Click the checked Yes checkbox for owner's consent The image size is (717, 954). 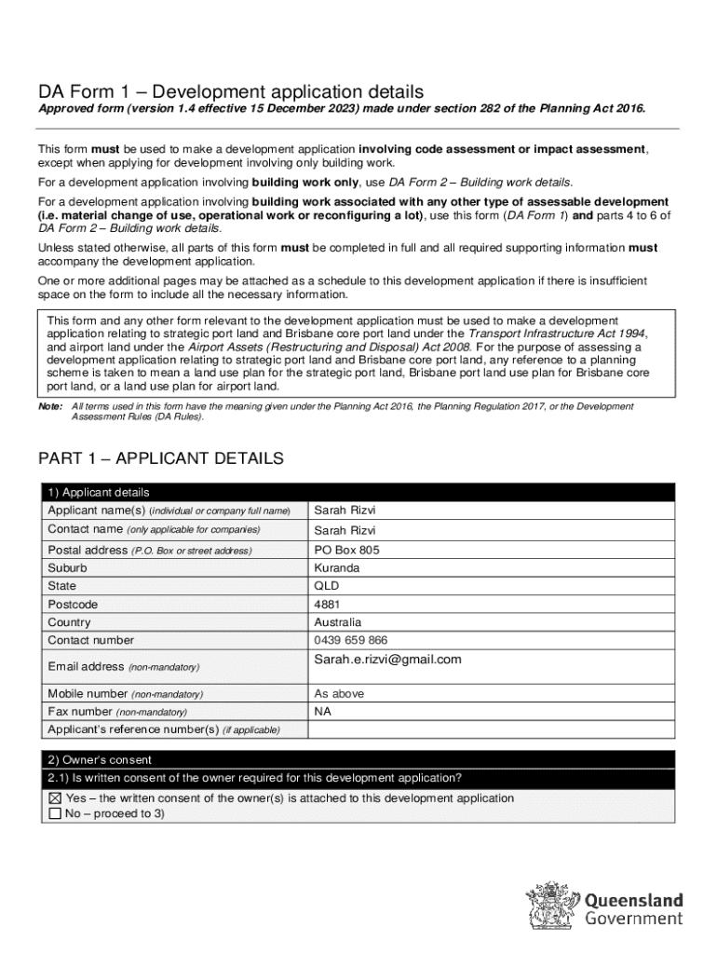54,798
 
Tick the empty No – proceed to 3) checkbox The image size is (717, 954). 54,813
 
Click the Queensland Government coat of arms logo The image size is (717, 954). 551,906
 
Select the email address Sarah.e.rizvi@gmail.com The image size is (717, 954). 387,660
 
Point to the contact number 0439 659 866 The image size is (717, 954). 351,640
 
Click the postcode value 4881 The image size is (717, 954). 327,605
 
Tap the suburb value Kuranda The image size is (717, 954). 336,568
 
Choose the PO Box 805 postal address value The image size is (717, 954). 346,550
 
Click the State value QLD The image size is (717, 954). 327,586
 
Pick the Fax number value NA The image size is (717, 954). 323,711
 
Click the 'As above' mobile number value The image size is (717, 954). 339,693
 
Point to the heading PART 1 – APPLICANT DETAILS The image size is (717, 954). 160,458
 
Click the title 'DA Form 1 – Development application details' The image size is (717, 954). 230,91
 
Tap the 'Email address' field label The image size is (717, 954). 86,667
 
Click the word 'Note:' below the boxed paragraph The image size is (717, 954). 50,407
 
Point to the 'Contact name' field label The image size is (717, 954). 86,529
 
